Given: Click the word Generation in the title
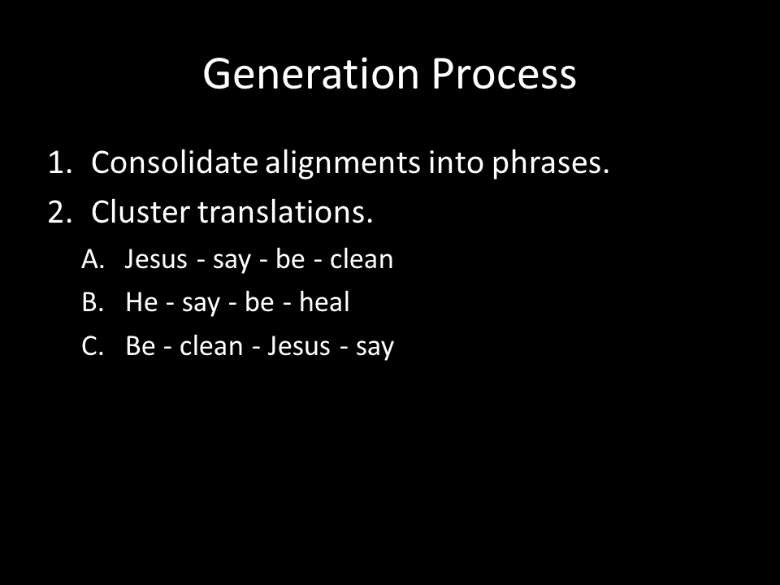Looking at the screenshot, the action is click(311, 74).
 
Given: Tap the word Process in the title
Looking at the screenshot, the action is click(504, 74).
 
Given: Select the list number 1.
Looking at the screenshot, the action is click(59, 162).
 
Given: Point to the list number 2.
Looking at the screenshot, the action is click(59, 212).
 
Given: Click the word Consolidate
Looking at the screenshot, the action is click(175, 162).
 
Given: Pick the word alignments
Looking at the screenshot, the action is click(343, 164).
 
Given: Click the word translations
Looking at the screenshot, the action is click(285, 212).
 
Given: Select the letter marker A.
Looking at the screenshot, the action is click(93, 259).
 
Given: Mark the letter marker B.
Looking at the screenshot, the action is click(93, 302).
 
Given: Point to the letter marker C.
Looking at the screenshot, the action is click(93, 346).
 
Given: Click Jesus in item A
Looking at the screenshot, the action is click(156, 259).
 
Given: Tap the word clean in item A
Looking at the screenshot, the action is click(362, 259).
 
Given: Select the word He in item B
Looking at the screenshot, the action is click(141, 302).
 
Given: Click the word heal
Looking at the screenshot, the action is click(324, 302).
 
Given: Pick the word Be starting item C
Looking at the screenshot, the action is click(141, 346).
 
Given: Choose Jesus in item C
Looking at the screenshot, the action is click(299, 346).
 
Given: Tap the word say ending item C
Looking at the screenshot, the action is click(375, 349).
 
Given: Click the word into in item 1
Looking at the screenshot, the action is click(456, 162).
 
